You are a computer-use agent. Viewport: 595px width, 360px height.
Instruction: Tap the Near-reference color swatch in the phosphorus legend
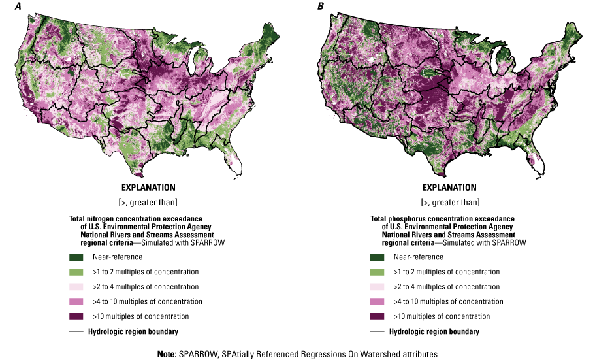point(378,257)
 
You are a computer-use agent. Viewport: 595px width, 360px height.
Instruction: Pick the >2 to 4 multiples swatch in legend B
point(378,287)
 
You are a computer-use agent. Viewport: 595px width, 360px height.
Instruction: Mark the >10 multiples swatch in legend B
point(378,316)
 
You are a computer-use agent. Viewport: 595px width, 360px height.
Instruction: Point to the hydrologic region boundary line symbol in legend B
point(378,331)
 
